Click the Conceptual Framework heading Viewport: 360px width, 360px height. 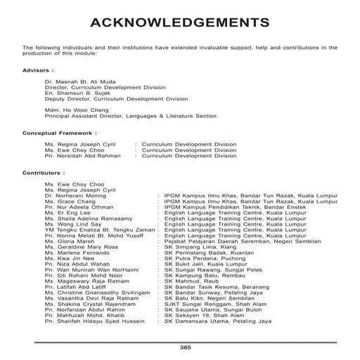click(x=60, y=132)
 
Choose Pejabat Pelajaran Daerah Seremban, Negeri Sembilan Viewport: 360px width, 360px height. click(x=237, y=241)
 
